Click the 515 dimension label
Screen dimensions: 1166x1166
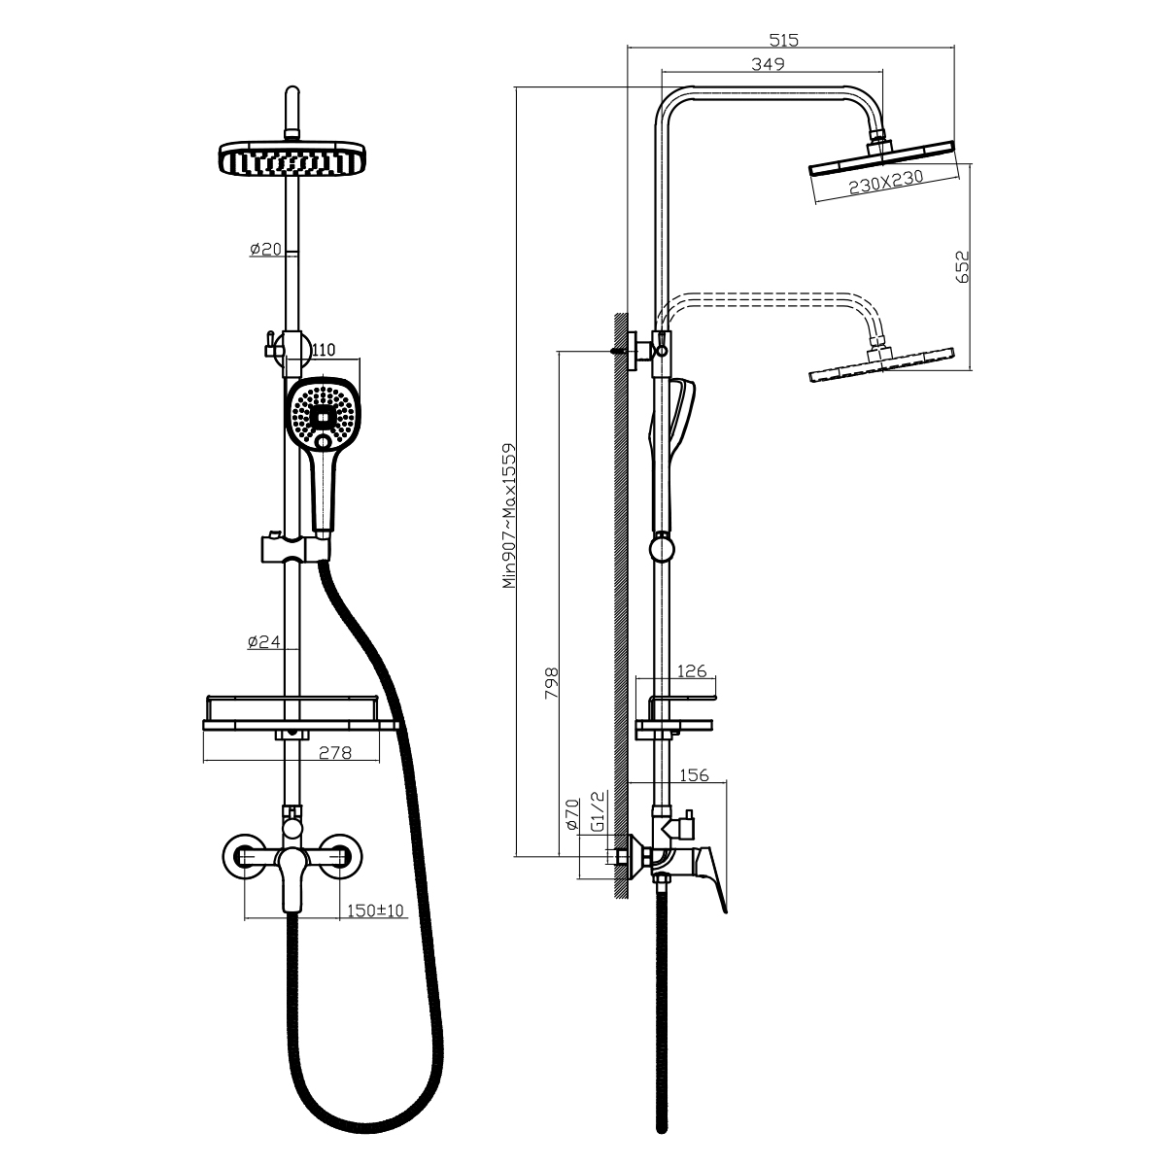click(x=783, y=40)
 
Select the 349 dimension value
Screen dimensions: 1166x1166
click(x=768, y=63)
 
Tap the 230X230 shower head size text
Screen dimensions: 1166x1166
click(x=886, y=182)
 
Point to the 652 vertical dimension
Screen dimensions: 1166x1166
click(x=962, y=267)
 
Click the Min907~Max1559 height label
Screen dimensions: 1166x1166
click(x=510, y=516)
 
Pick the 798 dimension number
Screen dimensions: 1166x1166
click(x=551, y=684)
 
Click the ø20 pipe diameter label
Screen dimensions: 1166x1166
click(x=265, y=249)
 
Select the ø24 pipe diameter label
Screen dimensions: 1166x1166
click(x=264, y=641)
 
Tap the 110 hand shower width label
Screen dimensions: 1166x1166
click(x=324, y=350)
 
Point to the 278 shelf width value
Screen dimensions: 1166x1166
click(x=334, y=753)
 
